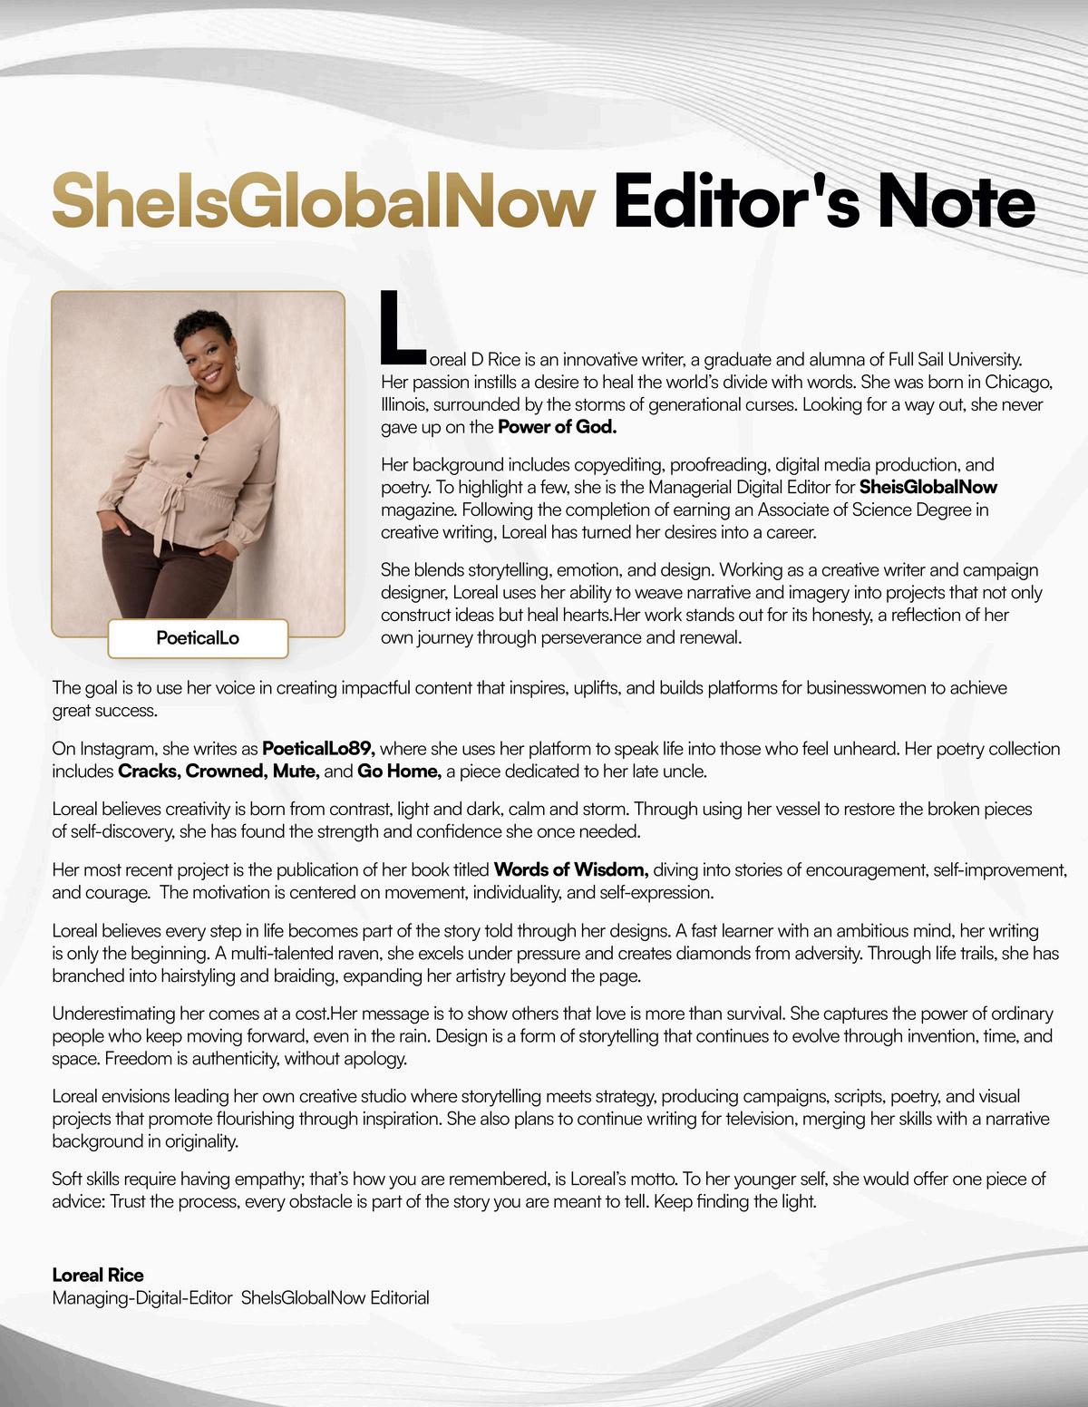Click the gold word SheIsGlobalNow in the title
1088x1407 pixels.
323,201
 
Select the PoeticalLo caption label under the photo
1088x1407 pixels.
198,638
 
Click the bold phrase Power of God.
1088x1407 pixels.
557,427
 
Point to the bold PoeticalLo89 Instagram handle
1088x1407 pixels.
318,749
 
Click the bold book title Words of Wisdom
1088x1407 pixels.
570,870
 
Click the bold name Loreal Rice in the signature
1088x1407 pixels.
98,1275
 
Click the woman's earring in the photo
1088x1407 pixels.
238,364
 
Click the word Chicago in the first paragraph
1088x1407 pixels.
1018,382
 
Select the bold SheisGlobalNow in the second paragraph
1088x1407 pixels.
928,487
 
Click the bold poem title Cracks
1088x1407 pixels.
149,771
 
